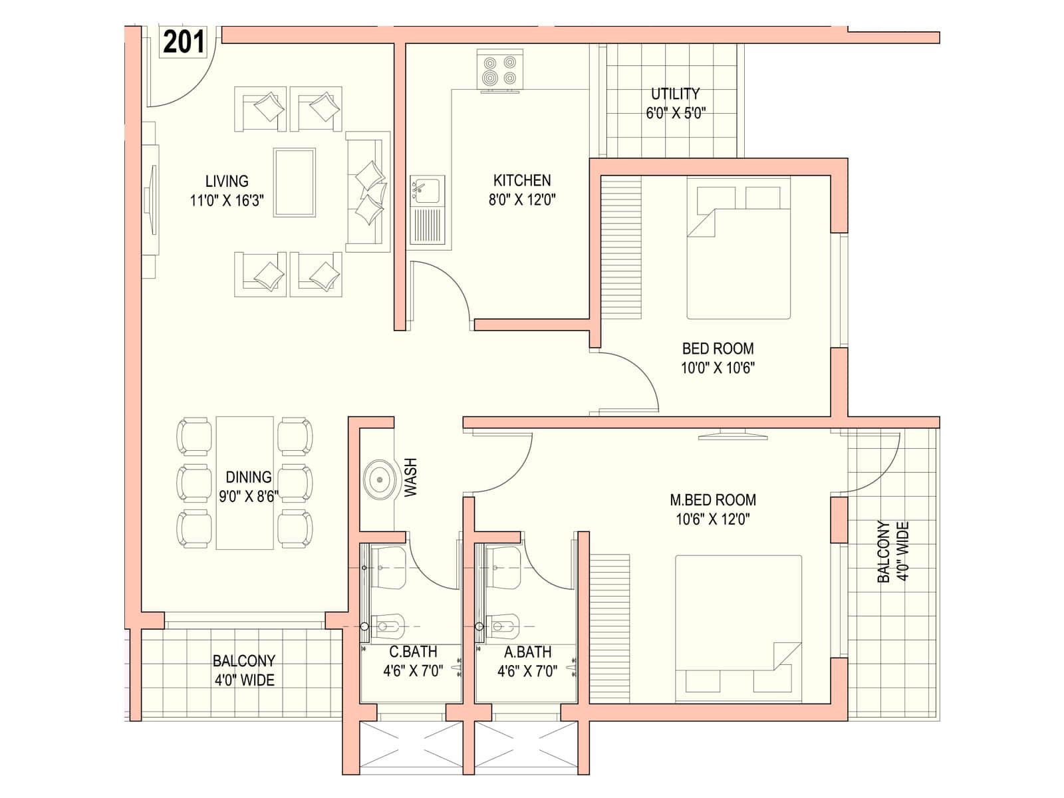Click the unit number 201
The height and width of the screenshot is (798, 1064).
click(x=184, y=42)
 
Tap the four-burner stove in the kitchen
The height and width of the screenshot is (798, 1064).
click(x=500, y=70)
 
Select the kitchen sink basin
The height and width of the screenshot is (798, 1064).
click(x=426, y=190)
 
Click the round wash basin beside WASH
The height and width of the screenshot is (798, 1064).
click(x=380, y=479)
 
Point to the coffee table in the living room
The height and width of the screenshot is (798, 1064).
click(x=294, y=182)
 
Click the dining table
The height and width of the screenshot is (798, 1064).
click(x=245, y=483)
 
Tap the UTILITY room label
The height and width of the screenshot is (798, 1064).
click(x=675, y=93)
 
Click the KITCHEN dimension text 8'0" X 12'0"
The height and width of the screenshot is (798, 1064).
click(x=522, y=199)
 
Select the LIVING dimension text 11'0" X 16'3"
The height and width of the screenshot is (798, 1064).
click(x=227, y=200)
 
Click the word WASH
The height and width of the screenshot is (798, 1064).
click(x=410, y=477)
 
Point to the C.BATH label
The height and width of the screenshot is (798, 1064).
click(x=413, y=652)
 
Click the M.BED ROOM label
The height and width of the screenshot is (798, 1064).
click(x=713, y=499)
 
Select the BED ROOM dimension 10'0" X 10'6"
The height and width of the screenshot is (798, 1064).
click(x=718, y=368)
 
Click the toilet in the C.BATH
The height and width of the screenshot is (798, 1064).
click(x=386, y=626)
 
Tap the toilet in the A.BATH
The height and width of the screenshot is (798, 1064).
click(x=501, y=626)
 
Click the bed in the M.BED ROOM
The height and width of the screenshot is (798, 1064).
click(x=738, y=628)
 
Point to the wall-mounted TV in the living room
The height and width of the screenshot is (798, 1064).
click(x=152, y=199)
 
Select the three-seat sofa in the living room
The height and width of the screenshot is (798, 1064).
click(x=368, y=192)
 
